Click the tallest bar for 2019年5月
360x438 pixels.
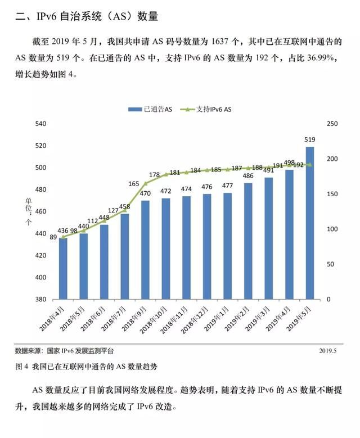pyautogui.click(x=310, y=222)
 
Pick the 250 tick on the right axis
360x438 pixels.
pyautogui.click(x=332, y=124)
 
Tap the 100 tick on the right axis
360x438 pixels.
pyautogui.click(x=332, y=229)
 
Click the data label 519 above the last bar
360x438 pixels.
pyautogui.click(x=310, y=139)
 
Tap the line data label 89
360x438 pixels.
pyautogui.click(x=53, y=238)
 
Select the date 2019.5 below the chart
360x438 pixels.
pyautogui.click(x=327, y=350)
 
